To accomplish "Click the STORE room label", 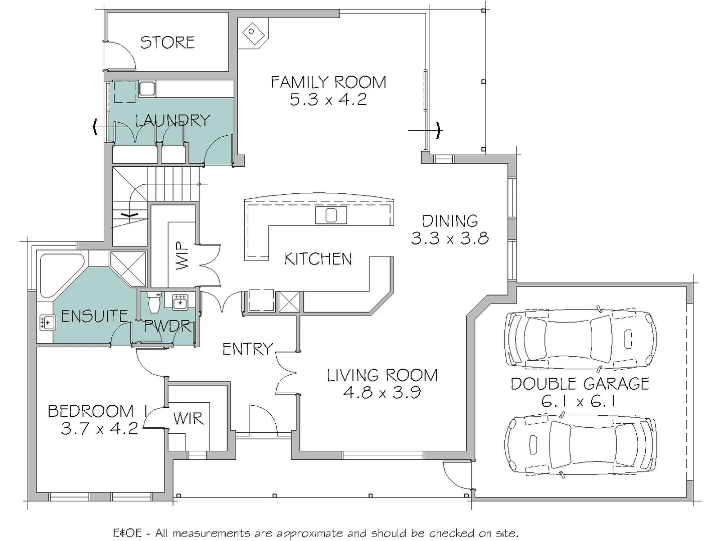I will tap(167, 42).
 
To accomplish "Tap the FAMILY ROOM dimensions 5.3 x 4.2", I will tap(328, 99).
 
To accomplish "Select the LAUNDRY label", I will tap(172, 120).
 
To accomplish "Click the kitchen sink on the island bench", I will tap(330, 215).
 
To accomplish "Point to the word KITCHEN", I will tap(318, 259).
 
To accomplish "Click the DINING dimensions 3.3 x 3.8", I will tap(450, 238).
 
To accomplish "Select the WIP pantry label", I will tap(183, 255).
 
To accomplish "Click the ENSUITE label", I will tap(94, 316).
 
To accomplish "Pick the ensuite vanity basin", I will tap(47, 322).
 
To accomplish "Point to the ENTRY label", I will tap(248, 349).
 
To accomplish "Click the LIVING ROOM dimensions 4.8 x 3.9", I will tap(382, 392).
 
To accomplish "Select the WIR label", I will tap(188, 418).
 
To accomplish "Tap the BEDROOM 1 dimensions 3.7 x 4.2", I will tap(99, 429).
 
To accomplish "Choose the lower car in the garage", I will tap(581, 444).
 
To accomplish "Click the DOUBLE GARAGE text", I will tap(580, 384).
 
